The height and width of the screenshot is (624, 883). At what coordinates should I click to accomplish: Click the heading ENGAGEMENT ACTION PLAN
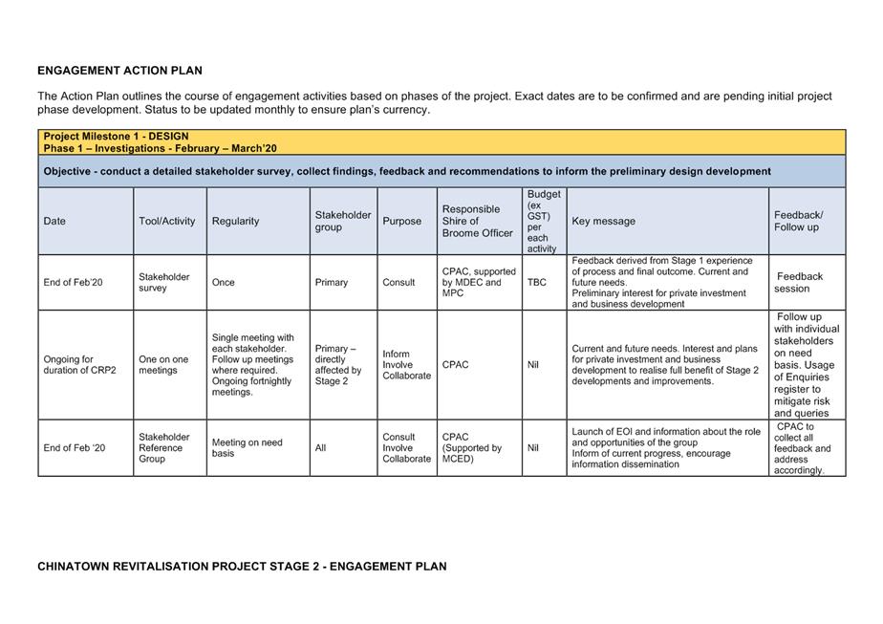click(119, 71)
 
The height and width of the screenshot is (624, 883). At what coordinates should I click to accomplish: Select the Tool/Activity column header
click(166, 221)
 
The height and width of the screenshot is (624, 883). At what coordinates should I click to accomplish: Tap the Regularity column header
click(235, 221)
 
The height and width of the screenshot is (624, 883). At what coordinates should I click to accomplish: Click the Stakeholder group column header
click(343, 221)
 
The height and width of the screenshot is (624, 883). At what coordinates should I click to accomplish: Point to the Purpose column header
click(401, 221)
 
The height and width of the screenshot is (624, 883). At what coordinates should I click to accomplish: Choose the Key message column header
click(603, 221)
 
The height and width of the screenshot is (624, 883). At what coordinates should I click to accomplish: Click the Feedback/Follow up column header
click(798, 221)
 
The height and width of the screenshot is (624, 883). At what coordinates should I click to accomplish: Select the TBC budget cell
click(537, 282)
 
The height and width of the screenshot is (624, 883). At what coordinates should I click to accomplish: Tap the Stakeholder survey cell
click(163, 282)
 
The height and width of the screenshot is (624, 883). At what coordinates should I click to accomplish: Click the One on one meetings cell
click(163, 365)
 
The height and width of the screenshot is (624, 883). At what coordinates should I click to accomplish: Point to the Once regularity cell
click(223, 282)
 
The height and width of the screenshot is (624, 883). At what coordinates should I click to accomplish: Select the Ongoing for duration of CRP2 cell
click(79, 365)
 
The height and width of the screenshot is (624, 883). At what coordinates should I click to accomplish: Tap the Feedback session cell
click(799, 282)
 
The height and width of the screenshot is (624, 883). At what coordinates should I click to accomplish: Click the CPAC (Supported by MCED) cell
click(471, 447)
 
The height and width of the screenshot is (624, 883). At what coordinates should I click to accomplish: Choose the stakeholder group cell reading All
click(320, 447)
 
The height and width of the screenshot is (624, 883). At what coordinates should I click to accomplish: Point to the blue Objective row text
click(407, 171)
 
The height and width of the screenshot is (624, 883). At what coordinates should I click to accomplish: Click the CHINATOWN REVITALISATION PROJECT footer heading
click(242, 567)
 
